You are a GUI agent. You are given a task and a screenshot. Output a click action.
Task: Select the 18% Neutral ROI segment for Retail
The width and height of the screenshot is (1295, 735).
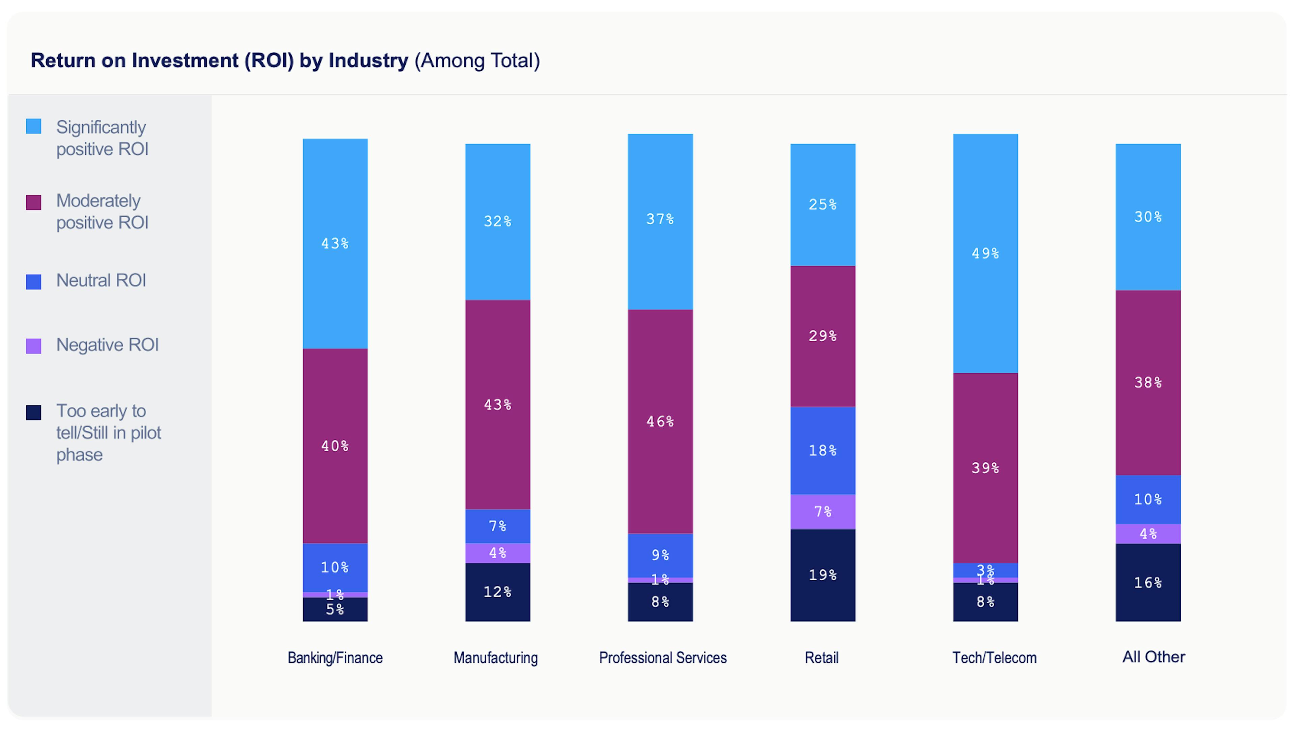(822, 450)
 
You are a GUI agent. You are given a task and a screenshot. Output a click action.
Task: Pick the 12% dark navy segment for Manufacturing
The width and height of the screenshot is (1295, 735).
(497, 592)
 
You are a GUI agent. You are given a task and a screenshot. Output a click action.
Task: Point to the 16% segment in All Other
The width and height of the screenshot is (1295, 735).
(1148, 583)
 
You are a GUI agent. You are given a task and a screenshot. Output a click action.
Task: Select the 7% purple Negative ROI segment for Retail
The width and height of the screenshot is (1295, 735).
(822, 511)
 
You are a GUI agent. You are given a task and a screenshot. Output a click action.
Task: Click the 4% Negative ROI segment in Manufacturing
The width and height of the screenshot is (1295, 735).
(497, 553)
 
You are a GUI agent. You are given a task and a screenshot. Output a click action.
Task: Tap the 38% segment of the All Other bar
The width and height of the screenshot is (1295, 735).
(1148, 382)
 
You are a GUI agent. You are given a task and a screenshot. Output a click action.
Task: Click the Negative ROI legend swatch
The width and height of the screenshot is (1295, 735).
(33, 346)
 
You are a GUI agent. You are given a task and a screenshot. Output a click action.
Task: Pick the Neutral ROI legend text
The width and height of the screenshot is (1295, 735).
(101, 280)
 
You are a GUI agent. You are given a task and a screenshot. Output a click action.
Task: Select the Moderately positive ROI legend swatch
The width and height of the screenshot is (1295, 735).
(33, 203)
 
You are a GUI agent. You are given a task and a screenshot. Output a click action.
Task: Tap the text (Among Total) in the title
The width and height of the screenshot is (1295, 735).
(477, 61)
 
